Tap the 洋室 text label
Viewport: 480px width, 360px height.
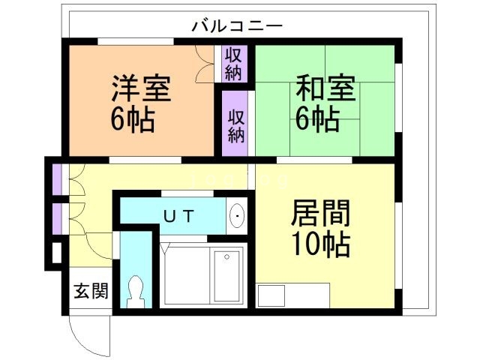142,88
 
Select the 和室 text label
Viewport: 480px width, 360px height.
325,88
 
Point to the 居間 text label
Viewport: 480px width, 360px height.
320,214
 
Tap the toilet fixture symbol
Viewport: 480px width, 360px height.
136,290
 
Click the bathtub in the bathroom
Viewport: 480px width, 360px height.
225,274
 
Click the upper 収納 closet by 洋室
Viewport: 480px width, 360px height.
233,63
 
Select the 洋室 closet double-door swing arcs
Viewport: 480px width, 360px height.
203,64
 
